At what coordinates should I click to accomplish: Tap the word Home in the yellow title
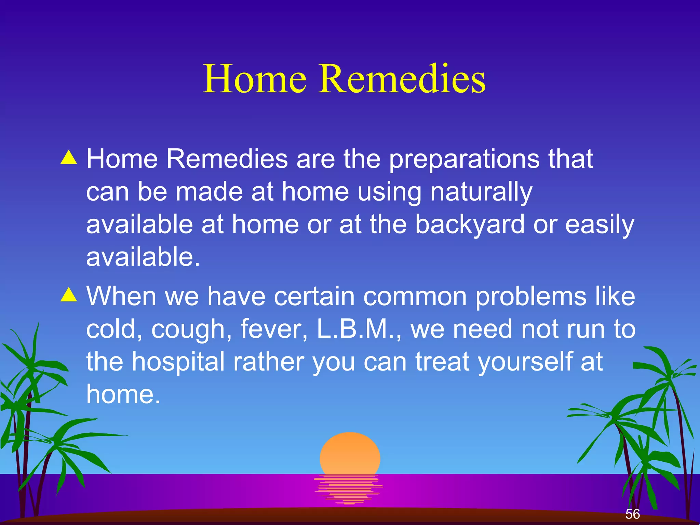(255, 79)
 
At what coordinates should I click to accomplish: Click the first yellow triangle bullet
(69, 158)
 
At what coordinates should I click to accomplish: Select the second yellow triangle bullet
(69, 295)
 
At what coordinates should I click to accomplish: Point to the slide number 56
(632, 514)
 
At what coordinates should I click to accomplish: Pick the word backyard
(470, 225)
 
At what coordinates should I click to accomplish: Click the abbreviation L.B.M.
(355, 329)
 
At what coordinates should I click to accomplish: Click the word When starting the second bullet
(121, 296)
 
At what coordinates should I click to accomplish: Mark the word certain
(314, 296)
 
